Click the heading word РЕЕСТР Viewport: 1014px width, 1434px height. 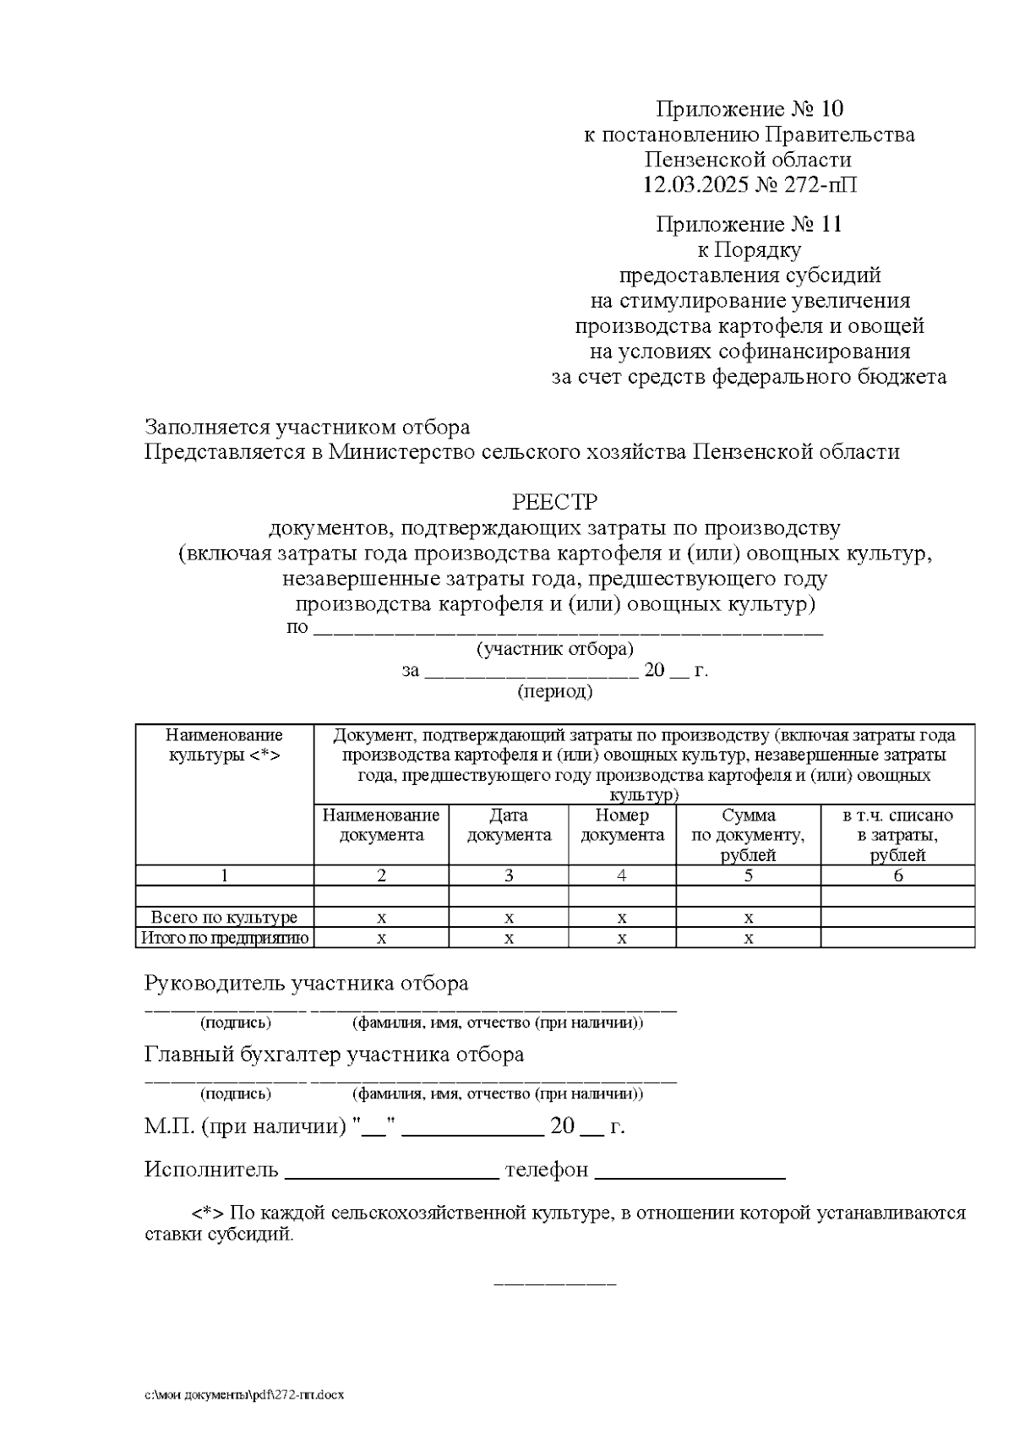[554, 503]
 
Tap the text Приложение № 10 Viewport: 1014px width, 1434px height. [750, 109]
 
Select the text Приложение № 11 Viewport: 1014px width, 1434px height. [750, 225]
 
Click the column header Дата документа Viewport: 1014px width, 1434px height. [509, 826]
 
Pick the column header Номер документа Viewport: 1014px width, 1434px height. [622, 826]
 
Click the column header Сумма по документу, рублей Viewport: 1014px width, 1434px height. [748, 835]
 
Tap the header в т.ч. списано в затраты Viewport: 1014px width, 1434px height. [897, 835]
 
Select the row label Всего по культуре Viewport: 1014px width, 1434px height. [224, 918]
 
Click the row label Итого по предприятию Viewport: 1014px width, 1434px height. [224, 938]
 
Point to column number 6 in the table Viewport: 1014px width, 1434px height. [897, 876]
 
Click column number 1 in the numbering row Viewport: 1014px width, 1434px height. [224, 876]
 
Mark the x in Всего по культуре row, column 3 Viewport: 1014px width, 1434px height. [509, 918]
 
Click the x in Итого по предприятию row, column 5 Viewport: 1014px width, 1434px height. [748, 938]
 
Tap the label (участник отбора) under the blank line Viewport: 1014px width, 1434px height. [554, 650]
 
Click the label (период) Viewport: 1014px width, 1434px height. [554, 692]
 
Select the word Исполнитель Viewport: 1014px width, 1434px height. [211, 1170]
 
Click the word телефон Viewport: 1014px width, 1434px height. [546, 1170]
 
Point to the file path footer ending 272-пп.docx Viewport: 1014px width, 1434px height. [244, 1394]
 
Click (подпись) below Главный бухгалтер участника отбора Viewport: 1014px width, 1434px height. [235, 1094]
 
